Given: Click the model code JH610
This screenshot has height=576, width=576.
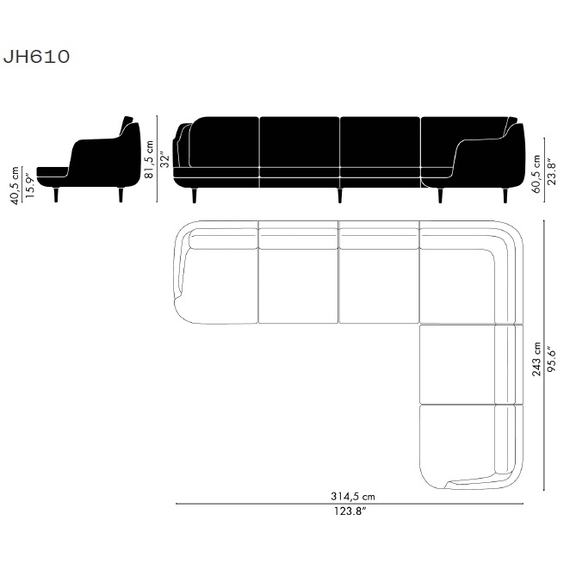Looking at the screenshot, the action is pos(36,57).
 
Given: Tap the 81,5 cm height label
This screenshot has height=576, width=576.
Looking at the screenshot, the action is pos(149,159).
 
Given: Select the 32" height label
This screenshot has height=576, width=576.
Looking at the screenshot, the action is pos(165,160).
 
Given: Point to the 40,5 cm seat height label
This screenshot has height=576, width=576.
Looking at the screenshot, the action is pos(15,185).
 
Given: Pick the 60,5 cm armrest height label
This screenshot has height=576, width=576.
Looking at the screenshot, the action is pos(536,174).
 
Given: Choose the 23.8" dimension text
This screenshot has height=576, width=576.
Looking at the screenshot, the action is pos(552,171).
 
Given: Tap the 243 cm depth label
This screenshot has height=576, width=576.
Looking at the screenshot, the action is pos(536,359).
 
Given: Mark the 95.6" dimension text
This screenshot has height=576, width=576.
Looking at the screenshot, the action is pos(552,358).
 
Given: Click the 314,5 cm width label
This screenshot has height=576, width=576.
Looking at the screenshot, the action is pos(353,497).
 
